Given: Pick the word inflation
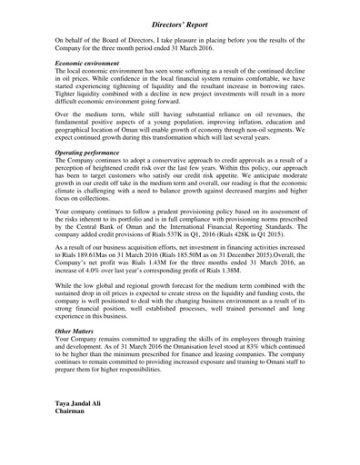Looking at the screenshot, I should tap(227, 124).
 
